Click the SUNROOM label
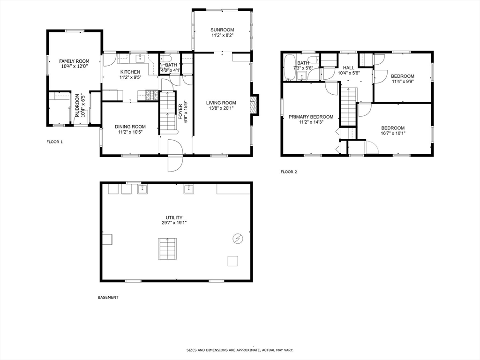(x=222, y=30)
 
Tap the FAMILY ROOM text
(x=74, y=61)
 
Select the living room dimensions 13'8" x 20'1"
(x=221, y=108)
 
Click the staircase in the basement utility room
(x=168, y=249)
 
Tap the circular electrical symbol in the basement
(x=238, y=239)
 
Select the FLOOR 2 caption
(x=289, y=172)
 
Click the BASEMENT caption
(x=108, y=297)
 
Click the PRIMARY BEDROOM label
(x=311, y=117)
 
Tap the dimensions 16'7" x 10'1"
(x=393, y=133)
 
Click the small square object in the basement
(x=233, y=261)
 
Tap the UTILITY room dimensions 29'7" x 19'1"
(x=174, y=223)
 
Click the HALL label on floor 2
(x=348, y=67)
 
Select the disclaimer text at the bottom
(x=240, y=350)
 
